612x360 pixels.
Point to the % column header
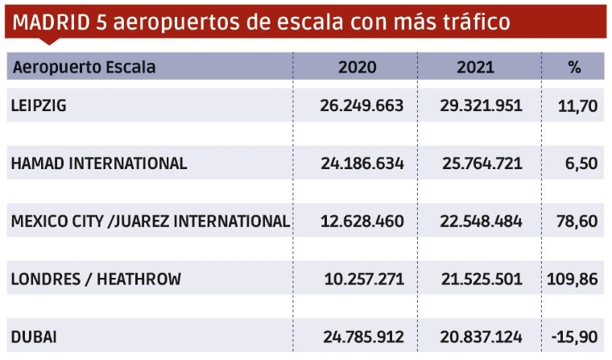click(x=574, y=67)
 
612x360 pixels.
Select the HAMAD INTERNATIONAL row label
click(x=99, y=163)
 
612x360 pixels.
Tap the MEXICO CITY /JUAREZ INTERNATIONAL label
click(x=151, y=221)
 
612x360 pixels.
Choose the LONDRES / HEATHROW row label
click(x=96, y=279)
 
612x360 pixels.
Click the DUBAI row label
click(x=33, y=337)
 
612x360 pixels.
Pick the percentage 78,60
click(x=577, y=221)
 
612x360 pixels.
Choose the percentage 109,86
click(x=573, y=279)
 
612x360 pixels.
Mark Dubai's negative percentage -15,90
click(x=574, y=337)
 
